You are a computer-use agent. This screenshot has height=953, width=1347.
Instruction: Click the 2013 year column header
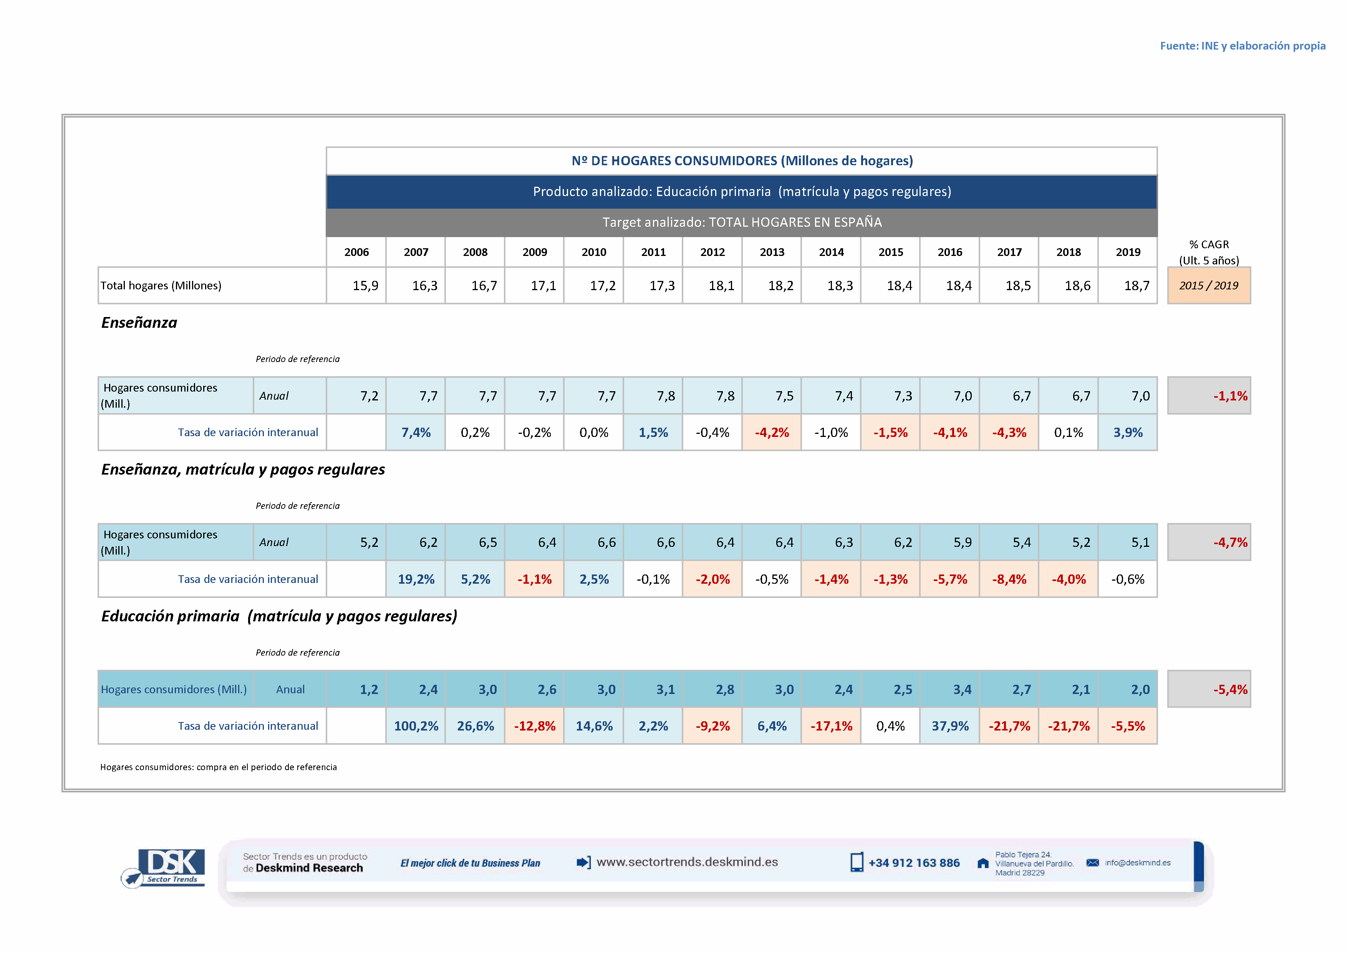coord(772,252)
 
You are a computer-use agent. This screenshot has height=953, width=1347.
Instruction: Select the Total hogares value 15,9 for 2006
coord(365,286)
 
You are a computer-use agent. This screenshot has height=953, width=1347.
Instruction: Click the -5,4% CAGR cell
coord(1230,689)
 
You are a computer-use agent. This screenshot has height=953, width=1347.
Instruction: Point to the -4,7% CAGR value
coord(1230,543)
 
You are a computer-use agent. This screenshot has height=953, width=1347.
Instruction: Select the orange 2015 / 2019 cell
coord(1209,286)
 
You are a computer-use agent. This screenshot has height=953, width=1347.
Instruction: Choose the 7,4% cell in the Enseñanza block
coord(416,432)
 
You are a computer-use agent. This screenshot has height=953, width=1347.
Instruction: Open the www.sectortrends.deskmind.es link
coord(686,862)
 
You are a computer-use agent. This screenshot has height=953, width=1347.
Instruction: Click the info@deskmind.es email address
coord(1137,863)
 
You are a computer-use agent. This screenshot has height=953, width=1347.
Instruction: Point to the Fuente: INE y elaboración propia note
coord(1242,46)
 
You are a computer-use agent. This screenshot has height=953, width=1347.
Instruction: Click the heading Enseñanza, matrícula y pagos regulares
coord(243,470)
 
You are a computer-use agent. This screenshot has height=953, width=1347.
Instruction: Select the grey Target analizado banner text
coord(742,222)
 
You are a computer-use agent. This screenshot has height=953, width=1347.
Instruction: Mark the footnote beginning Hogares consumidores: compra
coord(218,767)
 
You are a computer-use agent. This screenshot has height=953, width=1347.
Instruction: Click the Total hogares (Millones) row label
coord(161,286)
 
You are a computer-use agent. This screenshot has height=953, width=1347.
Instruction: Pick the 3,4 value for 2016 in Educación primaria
coord(961,689)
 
